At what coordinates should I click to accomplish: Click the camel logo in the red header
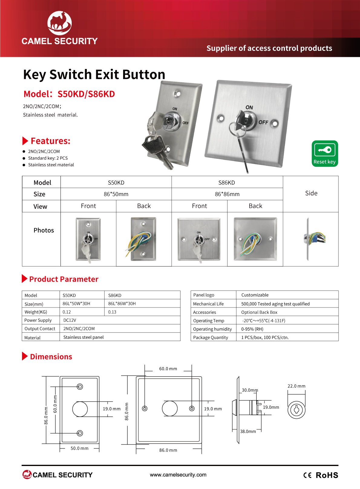tap(60, 23)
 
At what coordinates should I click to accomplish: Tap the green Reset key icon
tap(325, 153)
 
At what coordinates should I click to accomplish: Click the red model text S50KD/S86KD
tap(86, 94)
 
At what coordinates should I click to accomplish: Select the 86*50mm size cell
tap(116, 194)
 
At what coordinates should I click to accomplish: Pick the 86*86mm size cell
tap(227, 194)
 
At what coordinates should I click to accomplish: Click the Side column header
tap(311, 193)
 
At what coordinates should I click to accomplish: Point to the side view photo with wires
tap(314, 239)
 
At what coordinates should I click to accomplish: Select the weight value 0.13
tap(112, 312)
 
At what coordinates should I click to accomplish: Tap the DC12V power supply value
tap(70, 320)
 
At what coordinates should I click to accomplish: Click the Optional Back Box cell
tap(259, 312)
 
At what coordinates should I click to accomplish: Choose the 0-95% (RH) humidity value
tap(252, 329)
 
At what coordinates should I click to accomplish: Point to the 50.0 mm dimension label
tap(80, 448)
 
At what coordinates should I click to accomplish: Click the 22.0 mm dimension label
tap(296, 386)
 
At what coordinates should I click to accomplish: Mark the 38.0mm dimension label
tap(248, 432)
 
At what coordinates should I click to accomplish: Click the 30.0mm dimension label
tap(250, 390)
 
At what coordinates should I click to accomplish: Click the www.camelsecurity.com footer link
tap(178, 474)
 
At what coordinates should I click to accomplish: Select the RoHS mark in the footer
tap(327, 475)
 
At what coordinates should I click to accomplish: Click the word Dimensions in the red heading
tap(51, 356)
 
